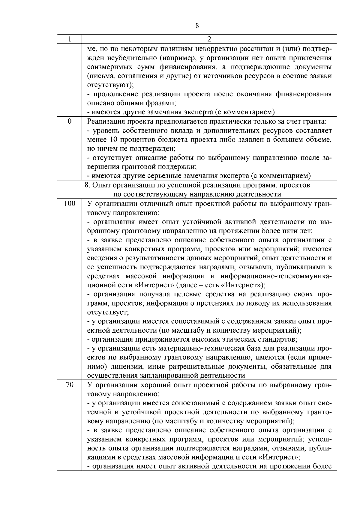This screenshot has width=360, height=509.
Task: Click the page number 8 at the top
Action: pyautogui.click(x=197, y=26)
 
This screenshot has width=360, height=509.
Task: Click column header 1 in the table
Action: pyautogui.click(x=70, y=39)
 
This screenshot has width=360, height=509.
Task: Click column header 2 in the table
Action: pyautogui.click(x=209, y=39)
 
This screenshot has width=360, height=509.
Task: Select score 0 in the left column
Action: pyautogui.click(x=70, y=121)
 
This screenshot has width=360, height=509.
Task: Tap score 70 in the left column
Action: pyautogui.click(x=70, y=385)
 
